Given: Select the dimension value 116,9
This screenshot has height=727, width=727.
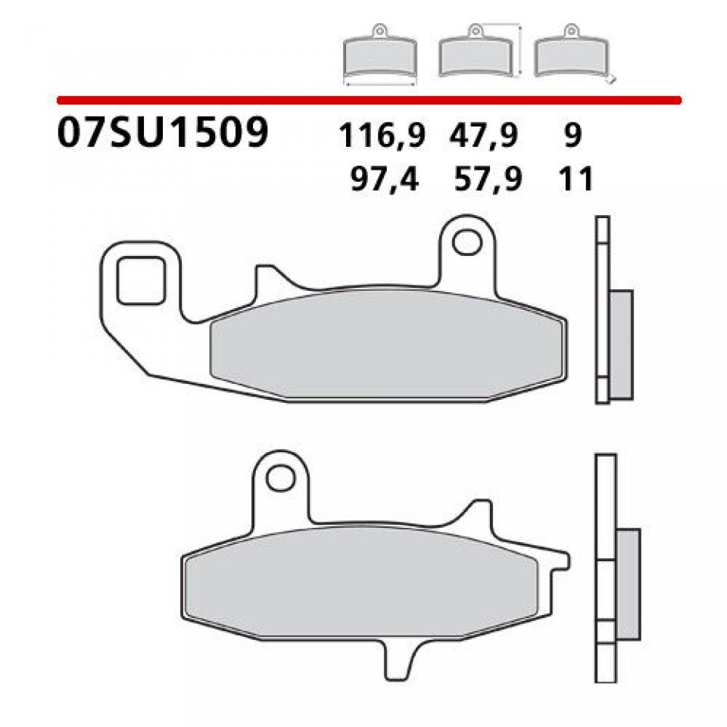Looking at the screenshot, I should [382, 136].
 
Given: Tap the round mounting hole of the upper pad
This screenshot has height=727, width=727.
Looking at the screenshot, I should [467, 242].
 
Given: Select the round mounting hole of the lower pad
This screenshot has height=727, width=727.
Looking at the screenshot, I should [281, 479].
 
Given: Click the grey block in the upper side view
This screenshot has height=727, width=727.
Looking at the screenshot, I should [619, 346].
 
